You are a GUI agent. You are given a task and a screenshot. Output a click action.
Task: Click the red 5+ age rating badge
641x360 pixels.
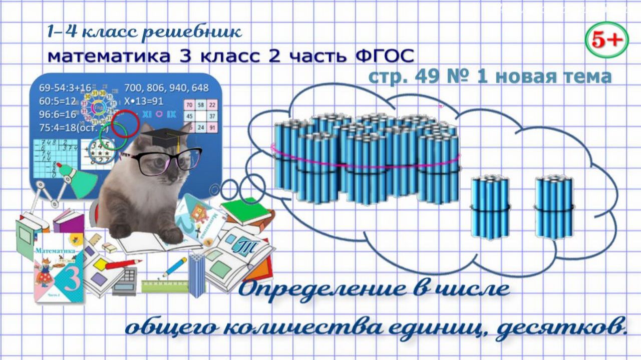(x=606, y=40)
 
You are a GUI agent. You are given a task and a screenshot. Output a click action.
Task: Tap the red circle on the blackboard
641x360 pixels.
(x=125, y=125)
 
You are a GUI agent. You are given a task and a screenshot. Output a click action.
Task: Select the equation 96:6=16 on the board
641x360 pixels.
(x=58, y=114)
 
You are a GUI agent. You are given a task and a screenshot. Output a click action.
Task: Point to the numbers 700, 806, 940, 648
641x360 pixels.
(x=166, y=88)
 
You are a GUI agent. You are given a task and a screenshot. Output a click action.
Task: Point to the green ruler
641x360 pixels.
(x=165, y=286)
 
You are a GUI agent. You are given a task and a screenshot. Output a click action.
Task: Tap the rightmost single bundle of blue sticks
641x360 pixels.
(x=553, y=207)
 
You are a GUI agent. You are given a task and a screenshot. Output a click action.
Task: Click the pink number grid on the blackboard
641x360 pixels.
(x=201, y=116)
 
